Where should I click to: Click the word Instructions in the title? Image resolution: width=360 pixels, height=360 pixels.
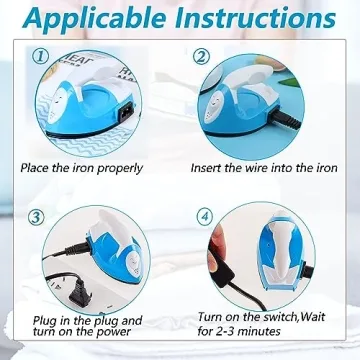click(261, 21)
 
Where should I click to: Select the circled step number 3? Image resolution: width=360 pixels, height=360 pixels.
click(35, 216)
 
